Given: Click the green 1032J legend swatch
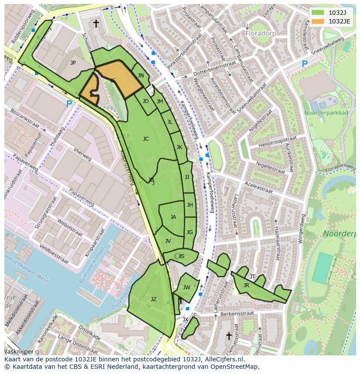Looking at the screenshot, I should [x=318, y=13].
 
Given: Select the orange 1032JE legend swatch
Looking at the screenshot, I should [x=318, y=21].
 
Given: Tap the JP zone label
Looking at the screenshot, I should [x=73, y=63].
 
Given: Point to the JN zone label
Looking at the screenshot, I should [x=140, y=76].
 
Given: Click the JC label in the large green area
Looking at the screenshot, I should [x=146, y=139].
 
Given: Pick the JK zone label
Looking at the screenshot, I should [x=179, y=147].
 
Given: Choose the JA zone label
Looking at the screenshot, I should [x=173, y=217].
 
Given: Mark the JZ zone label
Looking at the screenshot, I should [x=153, y=299].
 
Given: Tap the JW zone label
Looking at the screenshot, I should [x=187, y=288].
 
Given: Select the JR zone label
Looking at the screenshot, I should [x=246, y=285].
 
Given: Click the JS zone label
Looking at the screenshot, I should [x=181, y=256].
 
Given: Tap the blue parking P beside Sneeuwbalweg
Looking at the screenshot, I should [x=304, y=64].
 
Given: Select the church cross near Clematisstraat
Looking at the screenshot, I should [x=229, y=336].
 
